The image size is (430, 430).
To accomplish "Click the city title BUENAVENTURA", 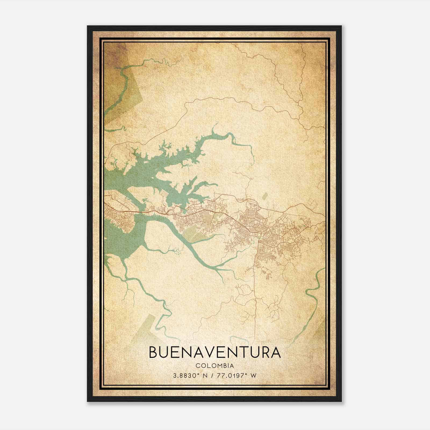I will [x=214, y=353].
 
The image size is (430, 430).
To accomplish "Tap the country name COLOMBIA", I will [x=214, y=366].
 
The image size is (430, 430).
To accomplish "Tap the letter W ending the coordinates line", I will [x=253, y=375].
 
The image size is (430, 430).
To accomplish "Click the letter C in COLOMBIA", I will [x=198, y=366].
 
